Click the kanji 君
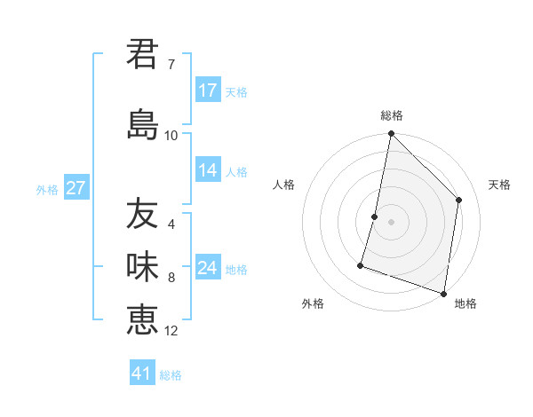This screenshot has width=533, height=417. [x=142, y=54]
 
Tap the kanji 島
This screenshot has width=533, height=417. [x=142, y=124]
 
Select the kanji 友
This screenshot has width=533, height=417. [x=142, y=214]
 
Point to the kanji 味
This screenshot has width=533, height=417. [x=142, y=267]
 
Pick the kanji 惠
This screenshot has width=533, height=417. [x=142, y=319]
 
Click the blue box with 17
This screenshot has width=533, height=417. [x=208, y=90]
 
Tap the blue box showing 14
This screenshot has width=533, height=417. [x=208, y=170]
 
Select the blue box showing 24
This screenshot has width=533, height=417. [x=208, y=268]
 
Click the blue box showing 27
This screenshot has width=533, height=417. [x=76, y=188]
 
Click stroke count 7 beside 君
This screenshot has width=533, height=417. [x=171, y=65]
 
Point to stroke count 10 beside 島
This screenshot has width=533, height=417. [x=171, y=136]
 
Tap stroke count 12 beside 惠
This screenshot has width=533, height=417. [x=171, y=331]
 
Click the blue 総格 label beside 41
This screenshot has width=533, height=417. [x=171, y=375]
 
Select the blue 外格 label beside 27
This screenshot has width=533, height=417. [x=47, y=189]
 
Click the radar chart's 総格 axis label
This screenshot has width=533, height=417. [x=391, y=115]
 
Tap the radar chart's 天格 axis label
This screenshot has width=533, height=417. [x=499, y=185]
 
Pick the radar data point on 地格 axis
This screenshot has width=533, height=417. [x=443, y=293]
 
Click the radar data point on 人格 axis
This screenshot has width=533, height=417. [x=375, y=216]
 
